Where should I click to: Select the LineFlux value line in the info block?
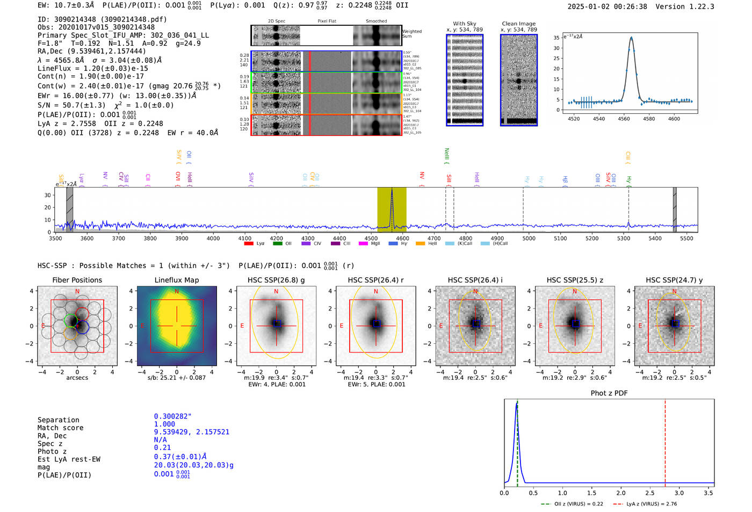point(92,69)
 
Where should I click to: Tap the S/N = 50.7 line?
point(105,105)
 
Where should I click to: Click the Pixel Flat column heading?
point(327,21)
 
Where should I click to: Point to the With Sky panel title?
point(464,24)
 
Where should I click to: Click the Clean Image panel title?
point(518,24)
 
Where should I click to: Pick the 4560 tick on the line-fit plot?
point(624,119)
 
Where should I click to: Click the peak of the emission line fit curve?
point(631,38)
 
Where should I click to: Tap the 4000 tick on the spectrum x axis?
point(213,239)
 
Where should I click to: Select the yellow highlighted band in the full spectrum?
point(392,210)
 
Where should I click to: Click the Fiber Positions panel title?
point(77,280)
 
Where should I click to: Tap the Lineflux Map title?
point(176,280)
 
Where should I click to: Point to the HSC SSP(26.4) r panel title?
point(375,280)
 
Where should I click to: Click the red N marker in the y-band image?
point(674,292)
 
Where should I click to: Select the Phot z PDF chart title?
point(609,393)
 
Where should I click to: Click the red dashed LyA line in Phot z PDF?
point(665,441)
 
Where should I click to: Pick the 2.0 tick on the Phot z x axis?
point(620,493)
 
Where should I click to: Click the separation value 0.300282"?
point(172,416)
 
